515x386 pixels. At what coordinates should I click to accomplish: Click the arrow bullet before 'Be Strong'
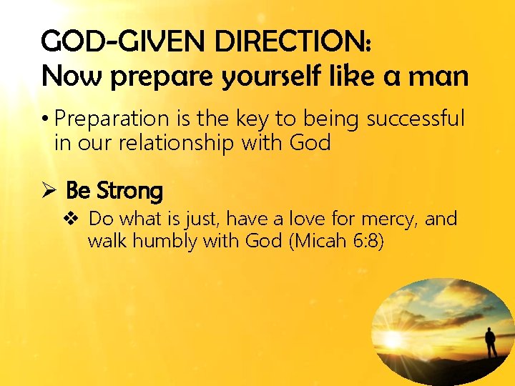click(x=49, y=191)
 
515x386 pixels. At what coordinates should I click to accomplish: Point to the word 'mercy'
click(x=389, y=219)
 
